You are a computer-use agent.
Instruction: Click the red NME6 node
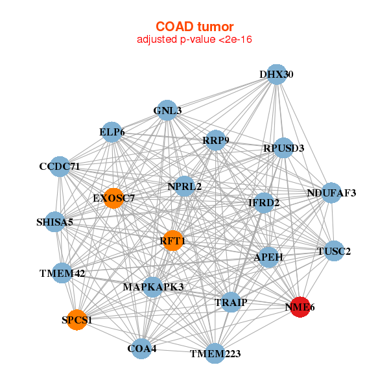coord(300,307)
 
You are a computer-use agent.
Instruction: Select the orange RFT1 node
coord(172,241)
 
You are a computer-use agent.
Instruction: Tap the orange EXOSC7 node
coord(113,198)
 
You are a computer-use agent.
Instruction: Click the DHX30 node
coord(277,75)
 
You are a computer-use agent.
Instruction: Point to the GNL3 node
coord(167,110)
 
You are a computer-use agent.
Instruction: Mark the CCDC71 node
coord(60,167)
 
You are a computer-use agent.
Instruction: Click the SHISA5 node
coord(55,222)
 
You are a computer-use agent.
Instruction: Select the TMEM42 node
coord(62,273)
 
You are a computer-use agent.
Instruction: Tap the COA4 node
coord(142,349)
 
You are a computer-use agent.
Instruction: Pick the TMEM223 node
coord(215,353)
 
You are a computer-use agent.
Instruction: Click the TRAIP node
coord(231,302)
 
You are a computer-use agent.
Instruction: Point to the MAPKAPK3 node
coord(153,287)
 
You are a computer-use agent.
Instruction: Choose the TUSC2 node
coord(333,251)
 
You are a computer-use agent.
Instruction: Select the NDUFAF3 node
coord(331,193)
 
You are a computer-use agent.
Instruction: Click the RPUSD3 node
coord(283,148)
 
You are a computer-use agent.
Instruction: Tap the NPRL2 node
coord(185,187)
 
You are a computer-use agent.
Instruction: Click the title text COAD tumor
coord(194,27)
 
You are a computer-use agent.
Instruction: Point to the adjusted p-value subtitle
coord(194,40)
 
